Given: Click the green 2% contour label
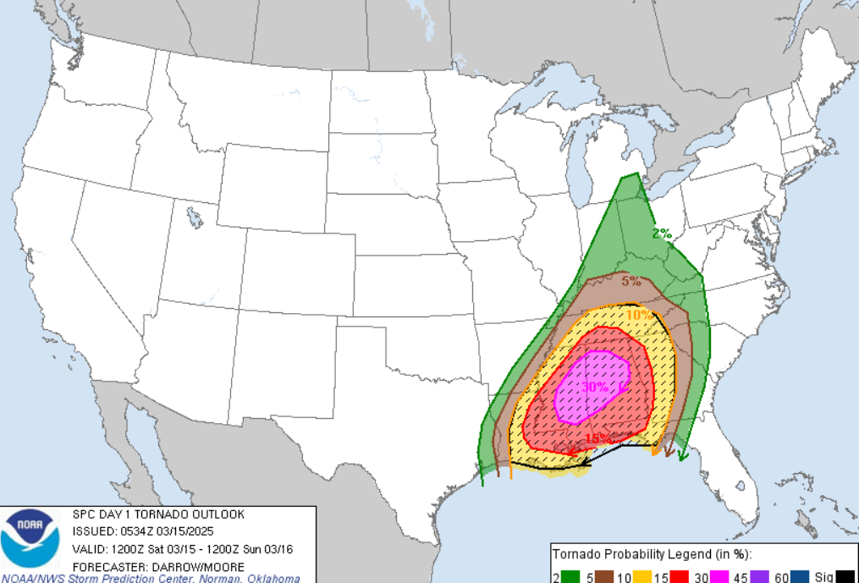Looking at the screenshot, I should [661, 234].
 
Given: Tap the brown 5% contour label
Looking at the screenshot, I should [630, 282].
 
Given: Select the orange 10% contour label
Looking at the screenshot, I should [639, 315].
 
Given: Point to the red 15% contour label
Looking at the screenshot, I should [597, 438].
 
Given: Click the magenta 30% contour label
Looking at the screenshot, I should [595, 386].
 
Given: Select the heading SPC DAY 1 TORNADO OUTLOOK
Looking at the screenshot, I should [158, 514].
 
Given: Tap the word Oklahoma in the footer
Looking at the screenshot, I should [272, 579].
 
